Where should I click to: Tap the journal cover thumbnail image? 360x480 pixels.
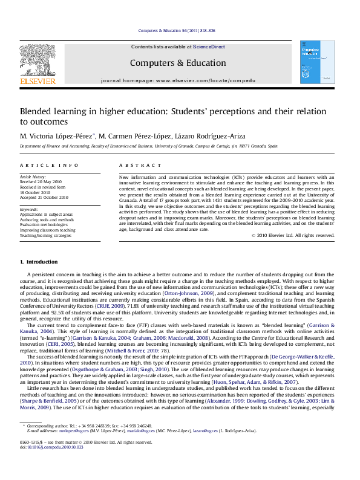(317, 62)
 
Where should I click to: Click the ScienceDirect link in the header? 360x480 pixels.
(209, 47)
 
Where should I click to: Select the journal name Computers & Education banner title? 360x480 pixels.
(178, 63)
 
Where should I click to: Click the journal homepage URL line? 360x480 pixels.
(178, 80)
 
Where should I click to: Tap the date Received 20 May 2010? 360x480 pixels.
(41, 181)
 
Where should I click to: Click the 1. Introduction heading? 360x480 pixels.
(39, 262)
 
